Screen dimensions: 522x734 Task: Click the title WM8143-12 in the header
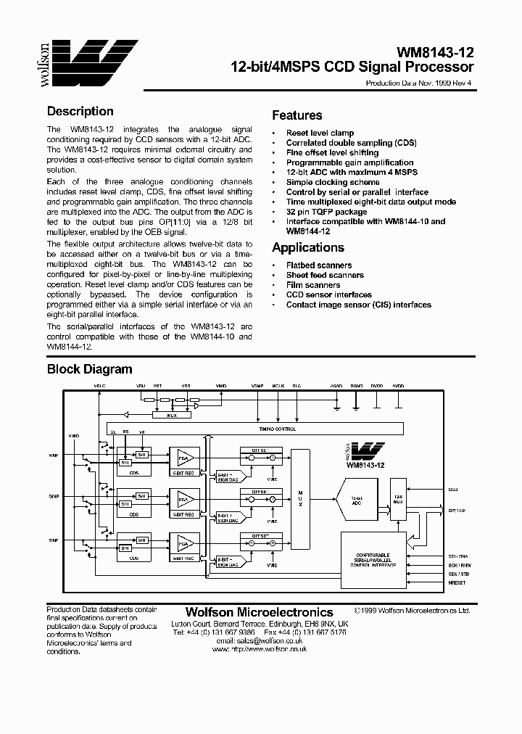click(x=434, y=53)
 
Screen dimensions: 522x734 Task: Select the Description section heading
click(x=80, y=112)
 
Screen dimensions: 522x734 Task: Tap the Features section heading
click(x=297, y=115)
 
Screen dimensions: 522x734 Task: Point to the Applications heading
click(x=307, y=247)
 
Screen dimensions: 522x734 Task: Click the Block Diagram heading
click(x=89, y=369)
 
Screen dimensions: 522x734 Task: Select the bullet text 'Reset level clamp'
click(x=320, y=133)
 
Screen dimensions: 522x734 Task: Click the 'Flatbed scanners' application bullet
click(x=318, y=265)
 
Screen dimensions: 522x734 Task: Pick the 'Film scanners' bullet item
click(x=312, y=285)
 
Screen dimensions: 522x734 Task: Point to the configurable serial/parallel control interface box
click(x=373, y=559)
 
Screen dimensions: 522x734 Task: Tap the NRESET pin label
click(x=457, y=583)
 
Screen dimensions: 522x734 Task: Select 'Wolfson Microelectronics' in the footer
click(x=259, y=613)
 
